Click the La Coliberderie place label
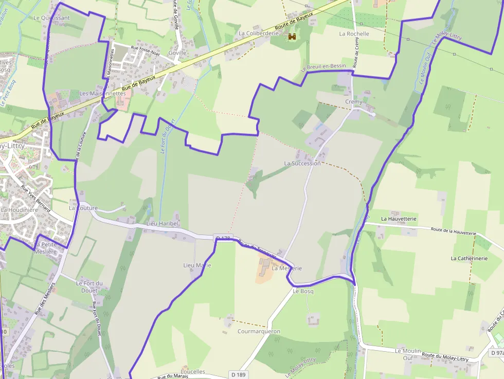258,33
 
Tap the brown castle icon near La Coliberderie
292,37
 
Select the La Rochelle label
354,33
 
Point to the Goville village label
177,52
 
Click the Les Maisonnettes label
102,94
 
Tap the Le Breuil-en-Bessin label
324,67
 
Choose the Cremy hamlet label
354,102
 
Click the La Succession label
302,163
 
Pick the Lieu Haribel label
162,224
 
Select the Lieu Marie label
197,265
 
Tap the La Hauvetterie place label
399,219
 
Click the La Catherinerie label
469,258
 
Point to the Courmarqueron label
259,331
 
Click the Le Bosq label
303,291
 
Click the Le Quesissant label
51,17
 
